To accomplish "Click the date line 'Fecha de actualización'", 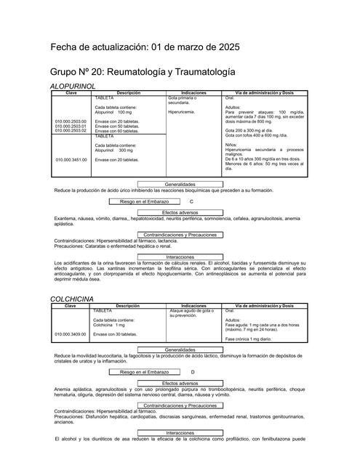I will tap(150, 47).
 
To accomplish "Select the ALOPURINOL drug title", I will tap(73, 86).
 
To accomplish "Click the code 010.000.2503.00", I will tap(71, 122).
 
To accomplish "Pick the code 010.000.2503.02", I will tap(71, 131).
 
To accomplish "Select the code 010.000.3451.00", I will tap(71, 159).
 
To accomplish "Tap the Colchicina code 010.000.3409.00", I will tap(71, 334).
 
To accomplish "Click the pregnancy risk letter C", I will tap(191, 201).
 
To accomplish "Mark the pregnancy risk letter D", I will tap(193, 372).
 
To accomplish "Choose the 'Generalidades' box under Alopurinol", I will tap(180, 185).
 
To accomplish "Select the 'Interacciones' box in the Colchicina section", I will tap(180, 432).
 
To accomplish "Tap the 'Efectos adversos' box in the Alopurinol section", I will tap(180, 212).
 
